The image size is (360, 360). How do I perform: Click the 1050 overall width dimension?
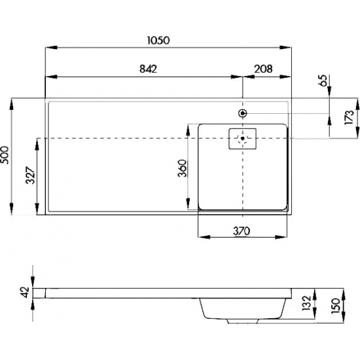(158, 41)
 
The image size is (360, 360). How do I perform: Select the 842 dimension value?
(148, 69)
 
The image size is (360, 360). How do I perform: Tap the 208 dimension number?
(263, 69)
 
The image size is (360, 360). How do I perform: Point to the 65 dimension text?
(323, 81)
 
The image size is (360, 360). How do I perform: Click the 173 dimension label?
(349, 117)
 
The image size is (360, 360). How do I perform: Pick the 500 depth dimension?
(5, 155)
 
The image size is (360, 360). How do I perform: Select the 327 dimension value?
(30, 175)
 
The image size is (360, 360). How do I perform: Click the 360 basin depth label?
(183, 168)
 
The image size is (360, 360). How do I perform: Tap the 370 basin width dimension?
(242, 231)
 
